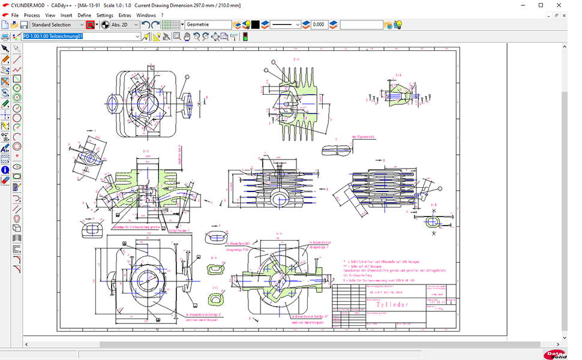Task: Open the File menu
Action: pos(14,15)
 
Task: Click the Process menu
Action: pos(32,15)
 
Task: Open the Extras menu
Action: pos(124,15)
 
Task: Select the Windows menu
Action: pos(145,15)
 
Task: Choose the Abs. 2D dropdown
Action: pos(125,25)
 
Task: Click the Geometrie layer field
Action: pos(208,25)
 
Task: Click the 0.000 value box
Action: pos(319,25)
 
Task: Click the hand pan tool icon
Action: pos(187,36)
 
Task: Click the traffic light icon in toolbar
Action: pos(245,36)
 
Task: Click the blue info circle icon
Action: pos(5,170)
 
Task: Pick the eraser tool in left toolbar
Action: pos(5,180)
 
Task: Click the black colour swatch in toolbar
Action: pos(255,25)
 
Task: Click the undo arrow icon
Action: pos(146,25)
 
